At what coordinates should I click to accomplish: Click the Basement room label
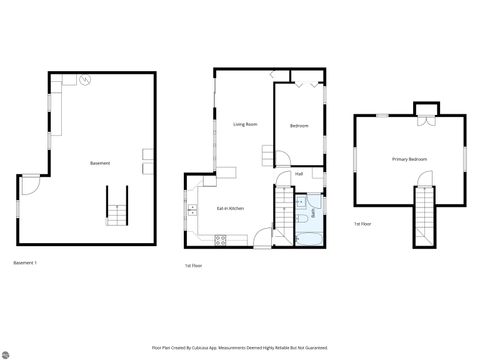(100, 163)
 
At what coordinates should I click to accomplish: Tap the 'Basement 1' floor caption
(25, 262)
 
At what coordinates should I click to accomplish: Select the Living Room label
(245, 124)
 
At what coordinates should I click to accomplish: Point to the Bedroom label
(299, 126)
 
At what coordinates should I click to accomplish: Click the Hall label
(299, 174)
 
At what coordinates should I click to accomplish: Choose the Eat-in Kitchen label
(231, 208)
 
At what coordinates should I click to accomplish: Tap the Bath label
(314, 212)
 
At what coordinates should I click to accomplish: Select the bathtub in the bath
(309, 238)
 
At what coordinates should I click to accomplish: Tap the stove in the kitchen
(220, 238)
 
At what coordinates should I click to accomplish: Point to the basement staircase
(118, 208)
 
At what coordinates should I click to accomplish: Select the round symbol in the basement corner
(87, 79)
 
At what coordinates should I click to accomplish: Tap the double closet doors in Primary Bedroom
(426, 121)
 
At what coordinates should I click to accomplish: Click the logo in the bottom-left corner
(5, 353)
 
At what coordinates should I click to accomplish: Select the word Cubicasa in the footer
(231, 348)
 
